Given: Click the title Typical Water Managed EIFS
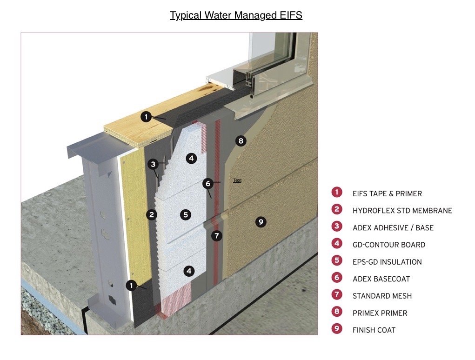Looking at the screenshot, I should click(236, 15).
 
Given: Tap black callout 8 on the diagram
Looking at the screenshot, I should click(240, 140).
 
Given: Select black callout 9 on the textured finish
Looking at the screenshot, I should click(261, 222).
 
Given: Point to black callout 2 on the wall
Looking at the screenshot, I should click(152, 214).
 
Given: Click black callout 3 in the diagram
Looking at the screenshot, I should click(153, 164).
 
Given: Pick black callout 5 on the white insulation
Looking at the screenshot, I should click(186, 214).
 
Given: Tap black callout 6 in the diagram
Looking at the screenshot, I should click(208, 183).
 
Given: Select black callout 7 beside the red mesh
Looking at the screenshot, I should click(216, 236).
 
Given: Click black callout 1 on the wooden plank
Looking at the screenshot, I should click(146, 117).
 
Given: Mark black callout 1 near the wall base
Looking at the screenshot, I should click(132, 285).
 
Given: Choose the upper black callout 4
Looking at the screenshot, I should click(191, 158).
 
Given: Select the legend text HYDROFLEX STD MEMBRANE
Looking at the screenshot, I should click(402, 211).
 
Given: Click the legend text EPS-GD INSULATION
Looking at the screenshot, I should click(387, 262).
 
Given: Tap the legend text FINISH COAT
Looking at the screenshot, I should click(374, 330).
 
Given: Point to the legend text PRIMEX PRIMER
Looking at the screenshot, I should click(380, 313).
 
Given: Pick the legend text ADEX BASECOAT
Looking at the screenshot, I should click(381, 279).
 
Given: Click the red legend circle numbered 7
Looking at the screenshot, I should click(336, 295).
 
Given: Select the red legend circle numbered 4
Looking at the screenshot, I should click(336, 244).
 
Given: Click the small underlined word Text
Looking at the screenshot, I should click(237, 180).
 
